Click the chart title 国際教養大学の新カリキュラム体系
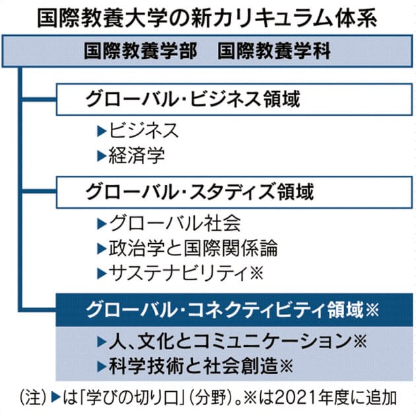pos(208,15)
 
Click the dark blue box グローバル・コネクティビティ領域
pos(225,309)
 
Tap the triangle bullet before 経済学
pos(100,157)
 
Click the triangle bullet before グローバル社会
pos(100,223)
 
